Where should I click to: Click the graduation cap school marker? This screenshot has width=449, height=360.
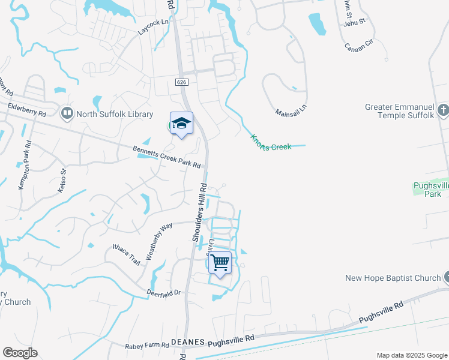[181, 124]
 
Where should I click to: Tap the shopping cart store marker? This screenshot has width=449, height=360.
[220, 263]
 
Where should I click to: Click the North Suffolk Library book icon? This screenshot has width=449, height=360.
[67, 113]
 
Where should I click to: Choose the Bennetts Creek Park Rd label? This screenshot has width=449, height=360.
[167, 157]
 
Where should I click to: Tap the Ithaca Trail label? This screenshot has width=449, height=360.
[127, 254]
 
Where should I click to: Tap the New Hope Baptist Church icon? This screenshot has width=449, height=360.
[445, 278]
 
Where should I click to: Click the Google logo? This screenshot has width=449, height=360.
[20, 353]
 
